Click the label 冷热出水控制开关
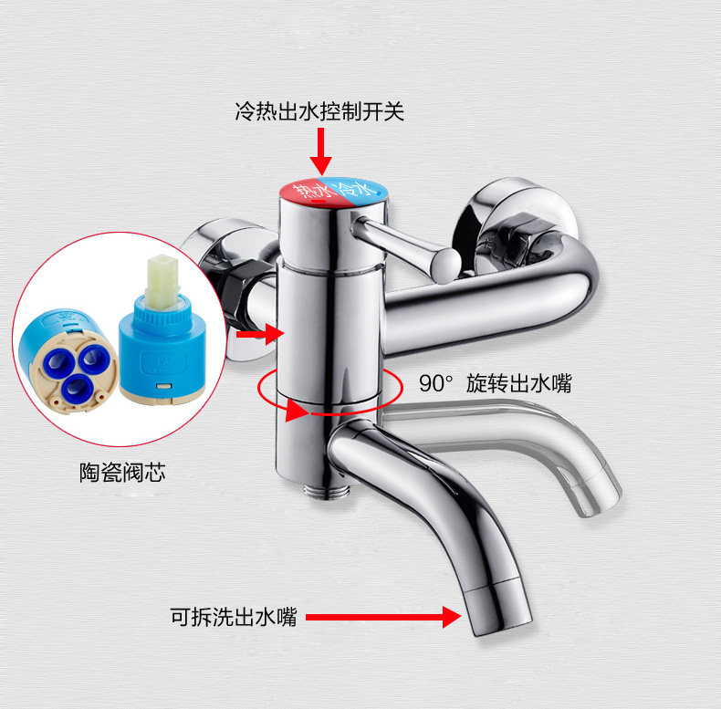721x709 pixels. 319,111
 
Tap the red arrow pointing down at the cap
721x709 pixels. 320,151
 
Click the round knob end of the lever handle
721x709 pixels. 444,266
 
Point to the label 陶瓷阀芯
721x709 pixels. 123,472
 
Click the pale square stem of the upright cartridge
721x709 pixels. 162,281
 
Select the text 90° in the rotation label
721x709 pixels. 435,383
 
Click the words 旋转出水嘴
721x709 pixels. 518,383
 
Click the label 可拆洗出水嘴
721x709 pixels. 234,617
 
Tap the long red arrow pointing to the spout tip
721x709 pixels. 383,617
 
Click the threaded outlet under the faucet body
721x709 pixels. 328,491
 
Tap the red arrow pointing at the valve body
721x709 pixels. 260,334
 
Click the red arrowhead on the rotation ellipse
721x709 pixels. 297,410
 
